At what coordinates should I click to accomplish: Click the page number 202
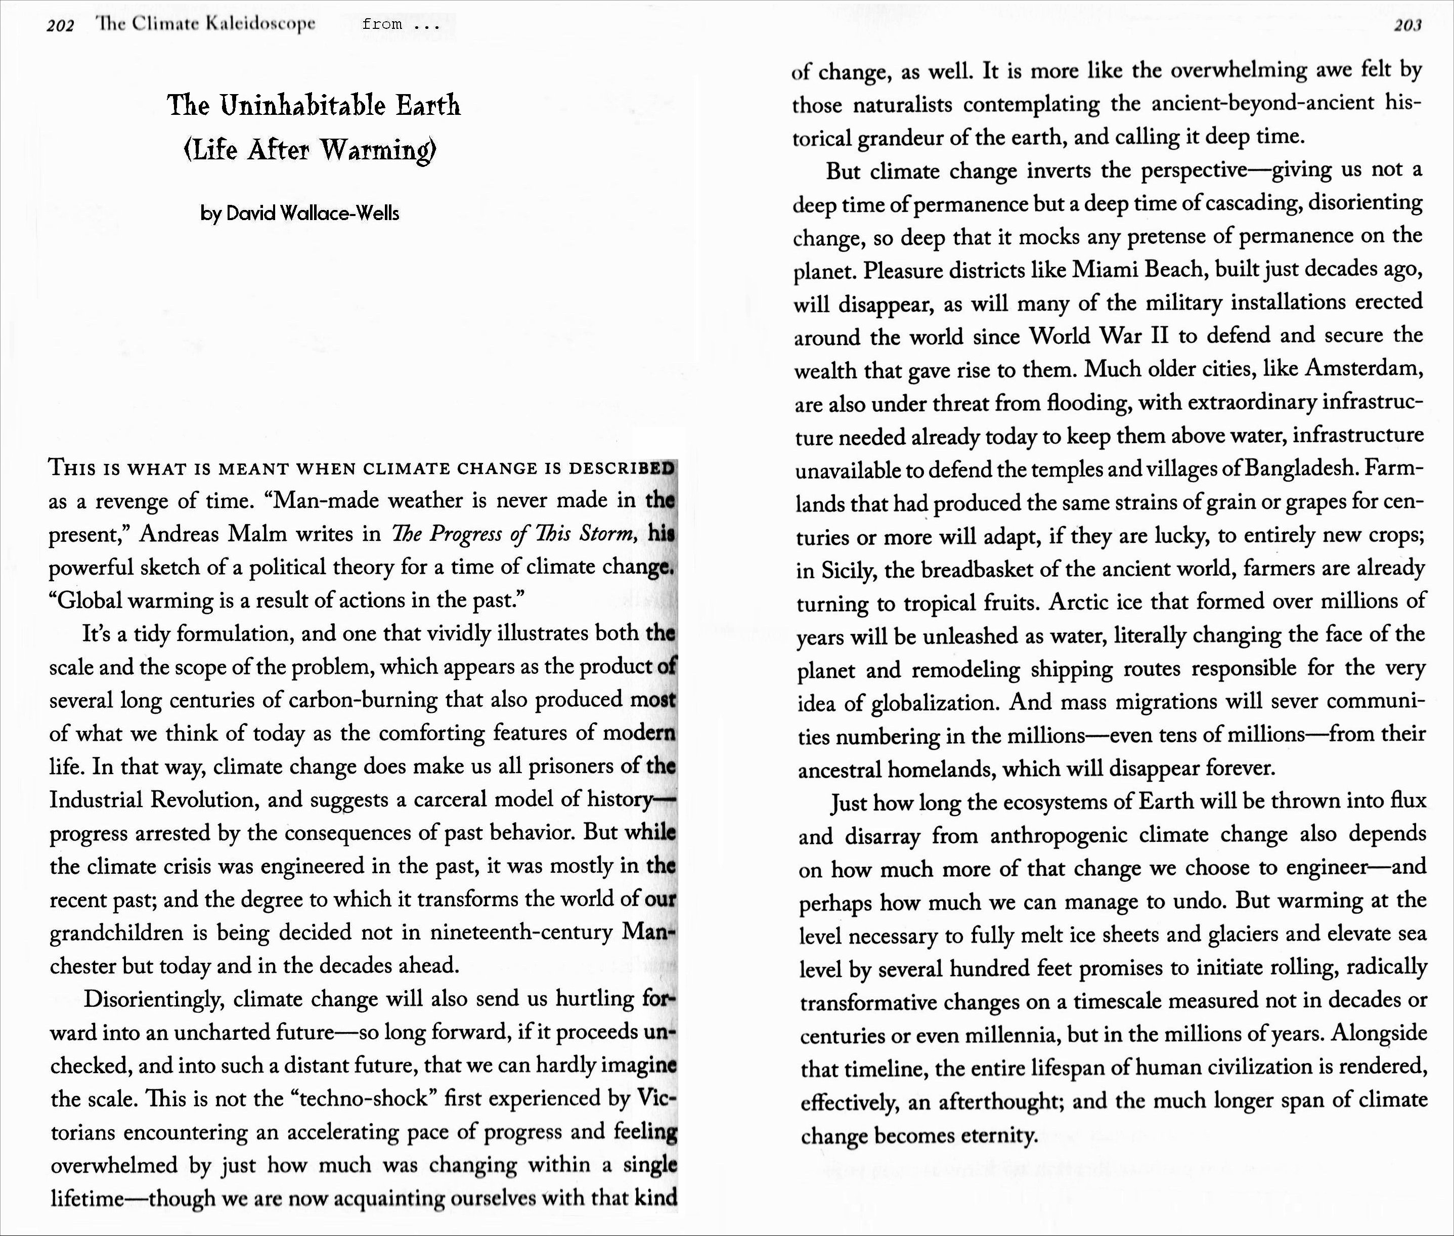click(60, 26)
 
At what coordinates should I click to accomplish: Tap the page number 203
click(1407, 25)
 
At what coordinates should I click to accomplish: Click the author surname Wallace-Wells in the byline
click(339, 213)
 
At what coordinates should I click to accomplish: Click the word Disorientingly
click(154, 999)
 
